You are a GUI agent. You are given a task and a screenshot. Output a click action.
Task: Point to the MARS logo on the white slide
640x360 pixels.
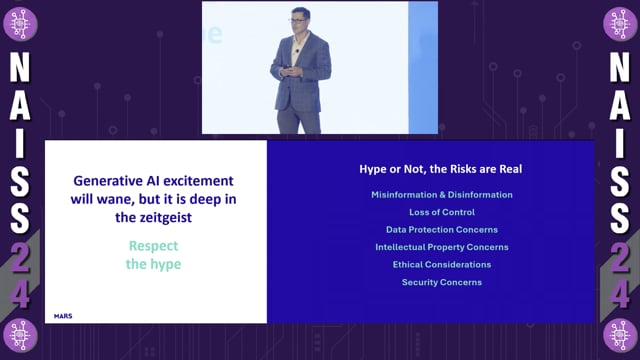[x=63, y=316]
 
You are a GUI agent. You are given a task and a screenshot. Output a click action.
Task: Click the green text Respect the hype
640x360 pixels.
[x=156, y=254]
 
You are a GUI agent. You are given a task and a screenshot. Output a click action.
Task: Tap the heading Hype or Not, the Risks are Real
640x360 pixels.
[x=441, y=169]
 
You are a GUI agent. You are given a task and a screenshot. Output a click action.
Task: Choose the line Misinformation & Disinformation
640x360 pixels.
[x=441, y=195]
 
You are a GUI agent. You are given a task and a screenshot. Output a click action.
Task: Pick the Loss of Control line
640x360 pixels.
[x=441, y=212]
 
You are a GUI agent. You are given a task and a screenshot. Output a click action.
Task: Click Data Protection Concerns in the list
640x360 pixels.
[x=441, y=230]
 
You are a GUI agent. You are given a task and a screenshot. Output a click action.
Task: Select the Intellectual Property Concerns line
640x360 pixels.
[x=441, y=247]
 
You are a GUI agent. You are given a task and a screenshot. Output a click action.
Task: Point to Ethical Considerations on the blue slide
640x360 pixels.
[x=441, y=265]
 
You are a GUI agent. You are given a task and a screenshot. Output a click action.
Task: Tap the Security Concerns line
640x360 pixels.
[x=441, y=282]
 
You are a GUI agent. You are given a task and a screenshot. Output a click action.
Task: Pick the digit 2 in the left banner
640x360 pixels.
[x=21, y=258]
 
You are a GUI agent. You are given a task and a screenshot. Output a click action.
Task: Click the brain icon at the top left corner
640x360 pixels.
[x=21, y=23]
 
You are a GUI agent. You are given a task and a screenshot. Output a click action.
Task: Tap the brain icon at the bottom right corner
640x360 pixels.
[x=619, y=336]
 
